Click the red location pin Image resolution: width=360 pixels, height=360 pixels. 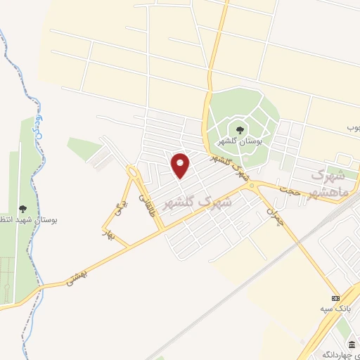click(x=181, y=165)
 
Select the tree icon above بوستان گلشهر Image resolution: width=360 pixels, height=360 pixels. click(x=240, y=129)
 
